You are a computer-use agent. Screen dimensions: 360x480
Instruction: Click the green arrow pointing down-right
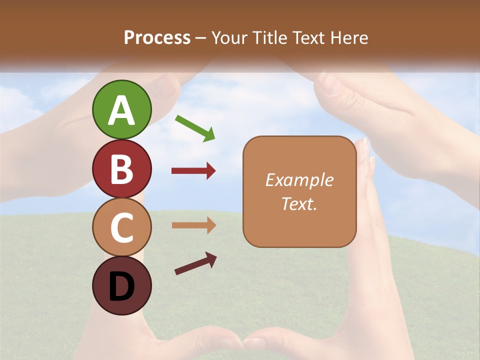195,128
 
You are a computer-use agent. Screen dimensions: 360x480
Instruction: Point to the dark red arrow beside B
193,171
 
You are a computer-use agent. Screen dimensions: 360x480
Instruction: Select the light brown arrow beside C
193,225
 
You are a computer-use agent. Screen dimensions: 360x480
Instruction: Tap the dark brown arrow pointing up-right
195,263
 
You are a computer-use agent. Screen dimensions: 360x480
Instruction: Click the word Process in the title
157,38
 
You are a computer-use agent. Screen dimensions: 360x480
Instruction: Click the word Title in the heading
269,38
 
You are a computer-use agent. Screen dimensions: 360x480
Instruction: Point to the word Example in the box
299,180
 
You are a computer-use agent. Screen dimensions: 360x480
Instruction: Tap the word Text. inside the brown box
299,203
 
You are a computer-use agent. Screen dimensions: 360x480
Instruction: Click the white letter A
122,110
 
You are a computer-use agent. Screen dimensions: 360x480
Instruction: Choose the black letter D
122,286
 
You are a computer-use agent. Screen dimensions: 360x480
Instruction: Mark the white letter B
122,169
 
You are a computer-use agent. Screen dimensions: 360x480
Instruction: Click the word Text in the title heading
308,38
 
